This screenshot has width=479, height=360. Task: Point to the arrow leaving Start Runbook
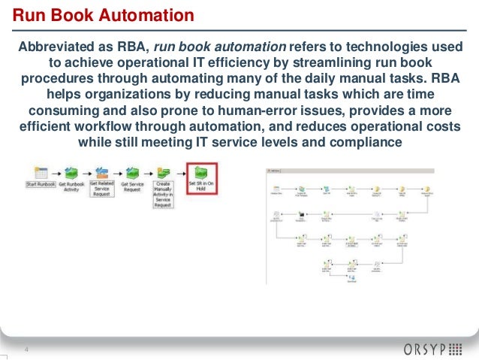click(x=57, y=174)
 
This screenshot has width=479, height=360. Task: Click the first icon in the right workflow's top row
click(x=277, y=188)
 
